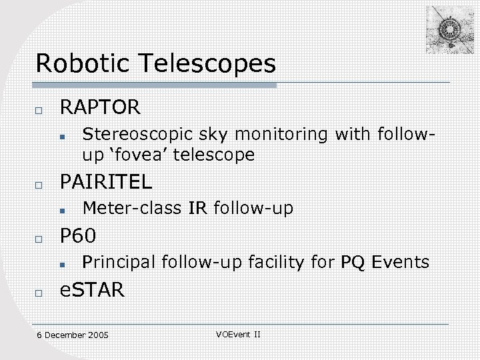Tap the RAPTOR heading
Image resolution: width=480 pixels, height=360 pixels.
101,107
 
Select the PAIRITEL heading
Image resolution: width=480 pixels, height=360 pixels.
106,181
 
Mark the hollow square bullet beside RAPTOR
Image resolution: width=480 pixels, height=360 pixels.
40,109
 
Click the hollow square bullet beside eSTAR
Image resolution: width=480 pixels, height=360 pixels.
40,291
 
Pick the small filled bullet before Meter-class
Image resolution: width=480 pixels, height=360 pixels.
61,211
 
